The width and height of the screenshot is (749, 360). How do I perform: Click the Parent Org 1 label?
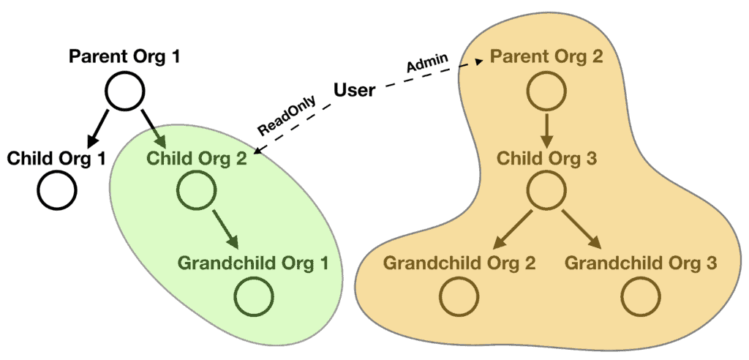click(x=124, y=56)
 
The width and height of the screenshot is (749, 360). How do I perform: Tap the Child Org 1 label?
click(x=57, y=157)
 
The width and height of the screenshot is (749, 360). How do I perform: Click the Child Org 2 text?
click(x=196, y=157)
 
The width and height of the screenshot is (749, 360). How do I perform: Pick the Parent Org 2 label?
click(x=546, y=56)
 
